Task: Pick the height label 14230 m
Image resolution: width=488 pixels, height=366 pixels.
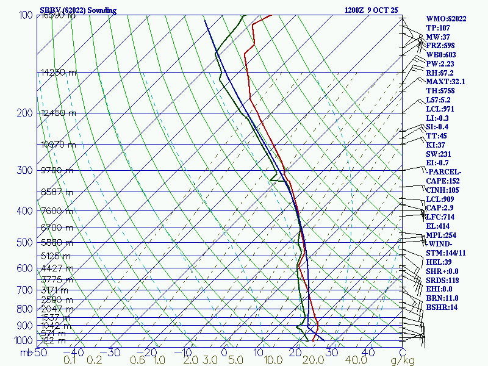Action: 59,73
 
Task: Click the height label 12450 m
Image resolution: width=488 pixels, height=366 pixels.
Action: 59,113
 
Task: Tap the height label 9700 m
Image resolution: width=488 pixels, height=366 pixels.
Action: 57,170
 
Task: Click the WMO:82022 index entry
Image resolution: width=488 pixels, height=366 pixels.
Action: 446,19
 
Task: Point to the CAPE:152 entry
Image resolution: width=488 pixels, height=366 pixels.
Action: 443,181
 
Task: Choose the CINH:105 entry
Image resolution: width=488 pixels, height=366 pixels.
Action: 443,190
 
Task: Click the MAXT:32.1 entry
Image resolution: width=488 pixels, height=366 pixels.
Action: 445,82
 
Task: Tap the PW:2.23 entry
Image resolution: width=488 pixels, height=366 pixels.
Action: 441,63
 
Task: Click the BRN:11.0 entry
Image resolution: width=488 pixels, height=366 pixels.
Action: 442,298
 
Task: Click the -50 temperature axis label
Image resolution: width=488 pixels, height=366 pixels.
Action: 39,353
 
